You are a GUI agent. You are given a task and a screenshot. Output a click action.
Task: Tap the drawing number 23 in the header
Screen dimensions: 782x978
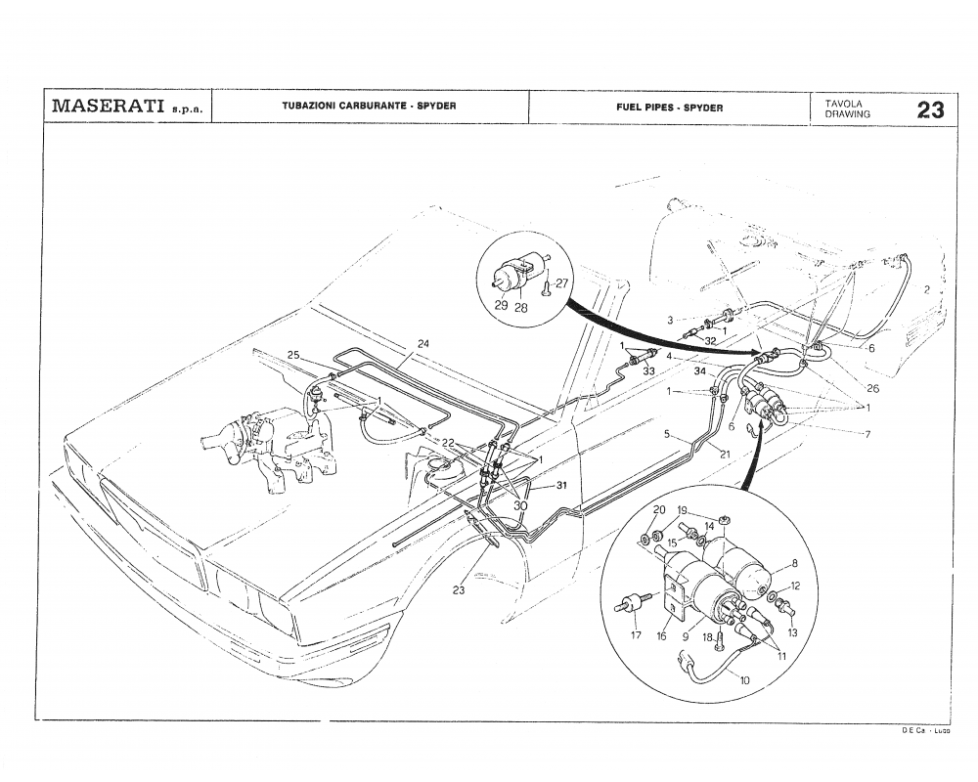coord(930,109)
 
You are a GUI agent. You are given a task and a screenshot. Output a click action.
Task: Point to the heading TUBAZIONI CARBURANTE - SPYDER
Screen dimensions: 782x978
coord(370,107)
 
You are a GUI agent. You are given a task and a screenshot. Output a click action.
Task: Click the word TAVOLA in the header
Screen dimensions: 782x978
coord(842,102)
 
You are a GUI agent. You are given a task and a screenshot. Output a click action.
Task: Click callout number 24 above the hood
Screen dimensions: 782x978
coord(423,344)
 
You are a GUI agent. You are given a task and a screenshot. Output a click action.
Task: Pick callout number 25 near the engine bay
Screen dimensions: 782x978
coord(293,355)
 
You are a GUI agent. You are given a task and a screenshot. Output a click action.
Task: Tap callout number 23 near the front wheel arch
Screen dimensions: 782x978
coord(459,589)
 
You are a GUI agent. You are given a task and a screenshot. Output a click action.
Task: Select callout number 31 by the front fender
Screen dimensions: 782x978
coord(562,486)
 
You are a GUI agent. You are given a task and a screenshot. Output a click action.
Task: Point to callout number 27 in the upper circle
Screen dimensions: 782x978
coord(561,283)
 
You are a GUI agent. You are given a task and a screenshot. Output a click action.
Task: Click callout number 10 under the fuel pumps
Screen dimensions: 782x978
coord(745,679)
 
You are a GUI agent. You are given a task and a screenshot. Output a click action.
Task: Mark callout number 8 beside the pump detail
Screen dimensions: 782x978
coord(794,563)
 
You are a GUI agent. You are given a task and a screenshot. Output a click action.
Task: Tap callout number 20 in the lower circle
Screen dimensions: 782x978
coord(658,510)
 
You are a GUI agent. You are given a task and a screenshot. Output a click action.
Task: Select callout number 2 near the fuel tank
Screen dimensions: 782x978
coord(925,290)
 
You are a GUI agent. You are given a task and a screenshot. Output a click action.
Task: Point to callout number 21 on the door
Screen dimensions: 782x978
coord(725,454)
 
